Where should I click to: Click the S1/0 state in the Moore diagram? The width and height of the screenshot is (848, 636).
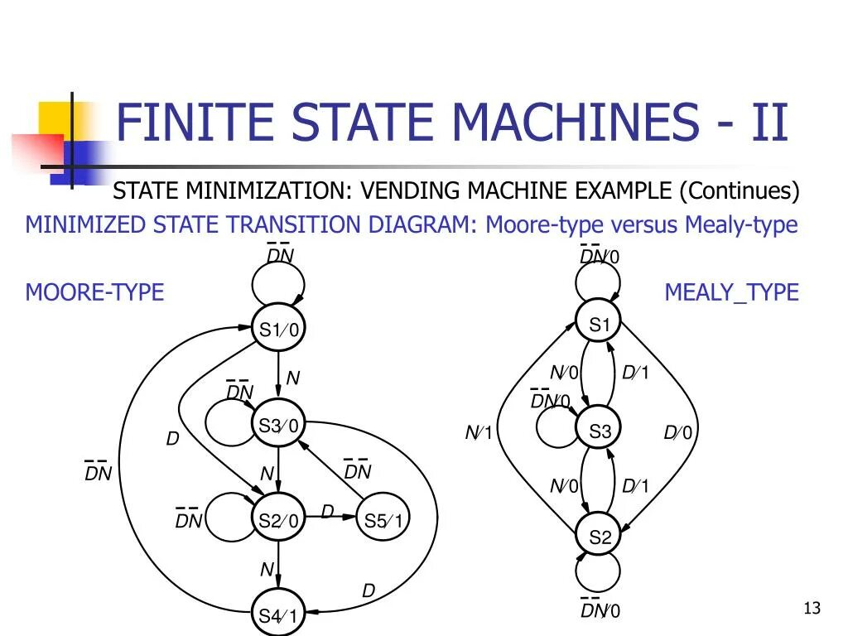pyautogui.click(x=278, y=330)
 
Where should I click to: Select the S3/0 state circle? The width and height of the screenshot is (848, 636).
pyautogui.click(x=278, y=426)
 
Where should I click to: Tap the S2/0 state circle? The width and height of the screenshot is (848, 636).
pyautogui.click(x=278, y=520)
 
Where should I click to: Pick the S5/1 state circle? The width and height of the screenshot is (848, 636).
pyautogui.click(x=383, y=520)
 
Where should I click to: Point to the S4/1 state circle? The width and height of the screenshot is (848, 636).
pyautogui.click(x=278, y=614)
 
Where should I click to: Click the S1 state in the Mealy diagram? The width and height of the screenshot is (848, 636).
pyautogui.click(x=600, y=325)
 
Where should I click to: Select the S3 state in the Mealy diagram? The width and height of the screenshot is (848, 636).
pyautogui.click(x=600, y=431)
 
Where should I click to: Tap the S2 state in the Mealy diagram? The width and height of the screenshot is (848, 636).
pyautogui.click(x=600, y=537)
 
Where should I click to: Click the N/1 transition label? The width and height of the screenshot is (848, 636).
pyautogui.click(x=479, y=433)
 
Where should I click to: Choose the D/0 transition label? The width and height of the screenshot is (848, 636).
pyautogui.click(x=677, y=433)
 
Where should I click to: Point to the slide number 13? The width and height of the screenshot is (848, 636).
pyautogui.click(x=812, y=609)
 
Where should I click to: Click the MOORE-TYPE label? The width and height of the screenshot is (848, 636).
pyautogui.click(x=94, y=292)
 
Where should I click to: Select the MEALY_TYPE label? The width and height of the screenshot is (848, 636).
pyautogui.click(x=731, y=292)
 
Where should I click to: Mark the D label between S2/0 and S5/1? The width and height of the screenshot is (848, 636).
pyautogui.click(x=327, y=513)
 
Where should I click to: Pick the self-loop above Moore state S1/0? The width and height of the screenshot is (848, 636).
pyautogui.click(x=278, y=286)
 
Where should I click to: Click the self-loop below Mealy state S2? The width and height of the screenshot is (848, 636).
pyautogui.click(x=600, y=573)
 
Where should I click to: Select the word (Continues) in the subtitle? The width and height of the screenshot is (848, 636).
pyautogui.click(x=740, y=191)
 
